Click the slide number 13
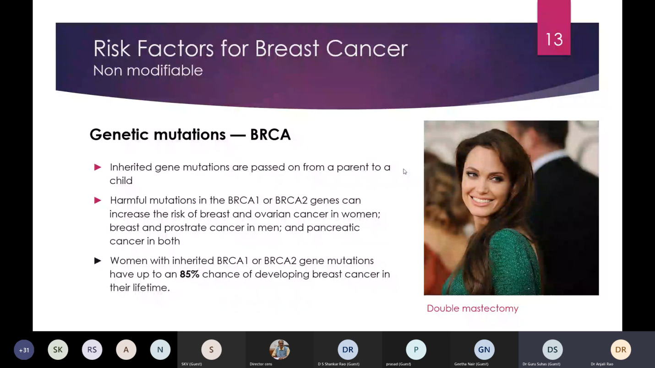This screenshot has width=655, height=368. [x=554, y=39]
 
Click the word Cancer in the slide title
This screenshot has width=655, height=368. [x=367, y=49]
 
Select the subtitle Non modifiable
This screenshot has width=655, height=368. [x=148, y=70]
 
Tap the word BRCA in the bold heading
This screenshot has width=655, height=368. [x=270, y=135]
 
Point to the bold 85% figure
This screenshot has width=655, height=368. [x=190, y=274]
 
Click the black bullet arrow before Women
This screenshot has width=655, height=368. [x=98, y=260]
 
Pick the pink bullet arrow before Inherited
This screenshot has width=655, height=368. [x=98, y=167]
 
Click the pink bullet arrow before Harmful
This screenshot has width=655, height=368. [x=98, y=200]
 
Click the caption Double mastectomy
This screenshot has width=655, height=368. [x=473, y=308]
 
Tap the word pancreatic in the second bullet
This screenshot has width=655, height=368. [x=333, y=227]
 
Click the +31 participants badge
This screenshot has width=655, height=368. [x=24, y=350]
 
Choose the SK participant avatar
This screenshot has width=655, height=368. [x=58, y=350]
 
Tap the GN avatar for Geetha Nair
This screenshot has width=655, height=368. [x=484, y=350]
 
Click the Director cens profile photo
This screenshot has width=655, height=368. [x=279, y=350]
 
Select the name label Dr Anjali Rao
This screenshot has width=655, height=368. [x=602, y=364]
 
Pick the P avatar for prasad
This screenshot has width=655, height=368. [x=416, y=350]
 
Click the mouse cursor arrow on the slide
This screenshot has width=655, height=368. [x=405, y=172]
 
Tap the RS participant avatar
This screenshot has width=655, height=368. [x=92, y=350]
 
